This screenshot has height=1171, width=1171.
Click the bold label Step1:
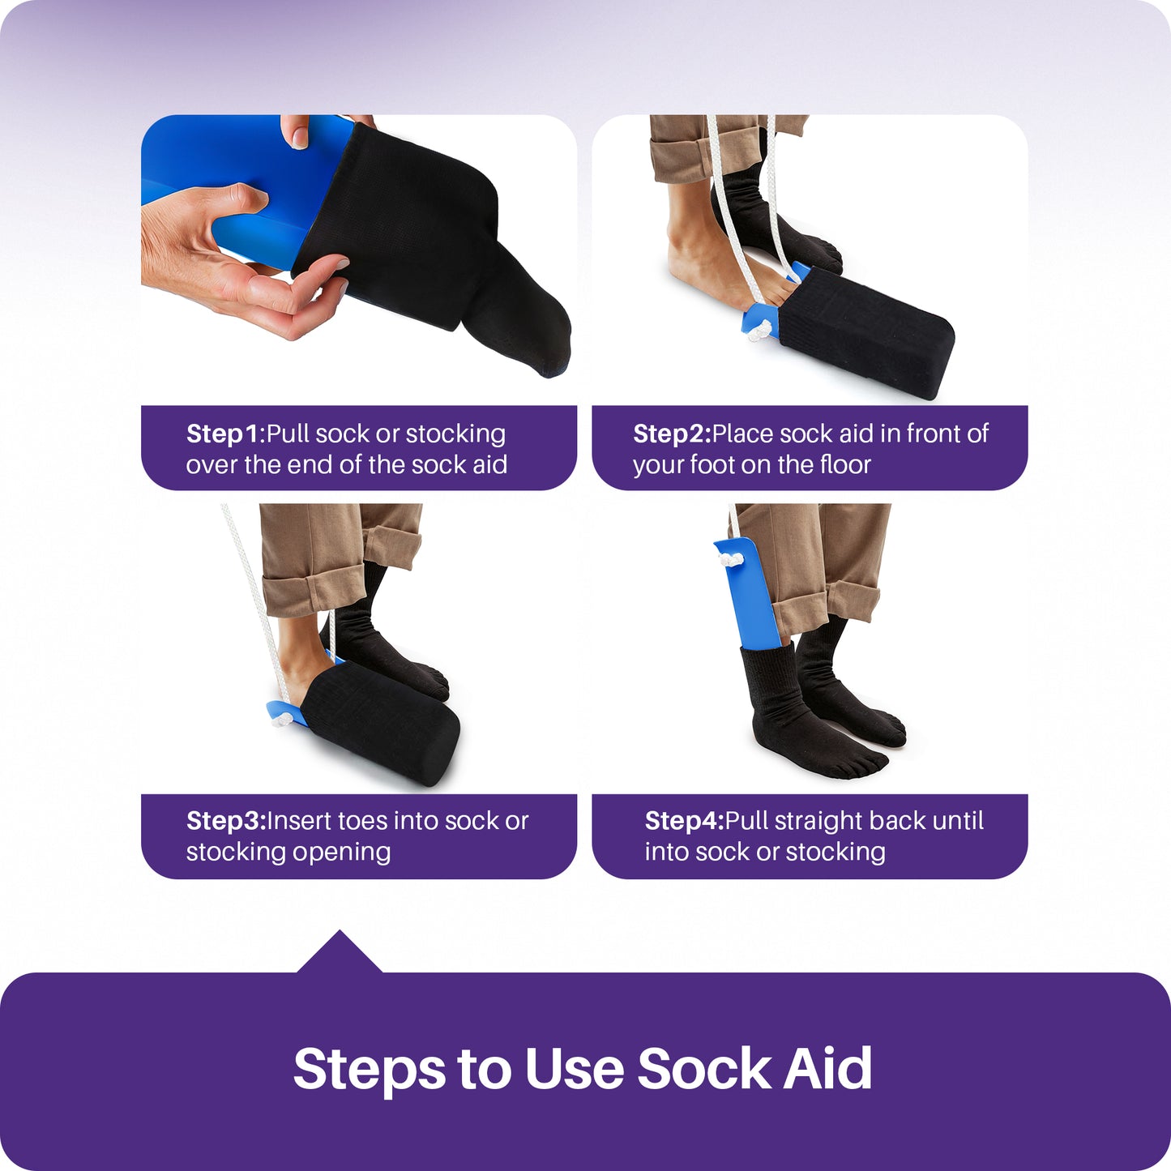(225, 434)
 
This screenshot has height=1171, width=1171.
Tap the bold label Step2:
(671, 434)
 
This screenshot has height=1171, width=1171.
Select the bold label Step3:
(225, 821)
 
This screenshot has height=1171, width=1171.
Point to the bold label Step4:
(683, 821)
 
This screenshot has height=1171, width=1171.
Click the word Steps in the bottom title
(369, 1069)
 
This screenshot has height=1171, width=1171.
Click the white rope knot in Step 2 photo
(760, 329)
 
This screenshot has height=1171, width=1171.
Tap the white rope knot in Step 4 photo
(732, 558)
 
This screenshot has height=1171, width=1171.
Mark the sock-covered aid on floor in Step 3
(381, 721)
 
